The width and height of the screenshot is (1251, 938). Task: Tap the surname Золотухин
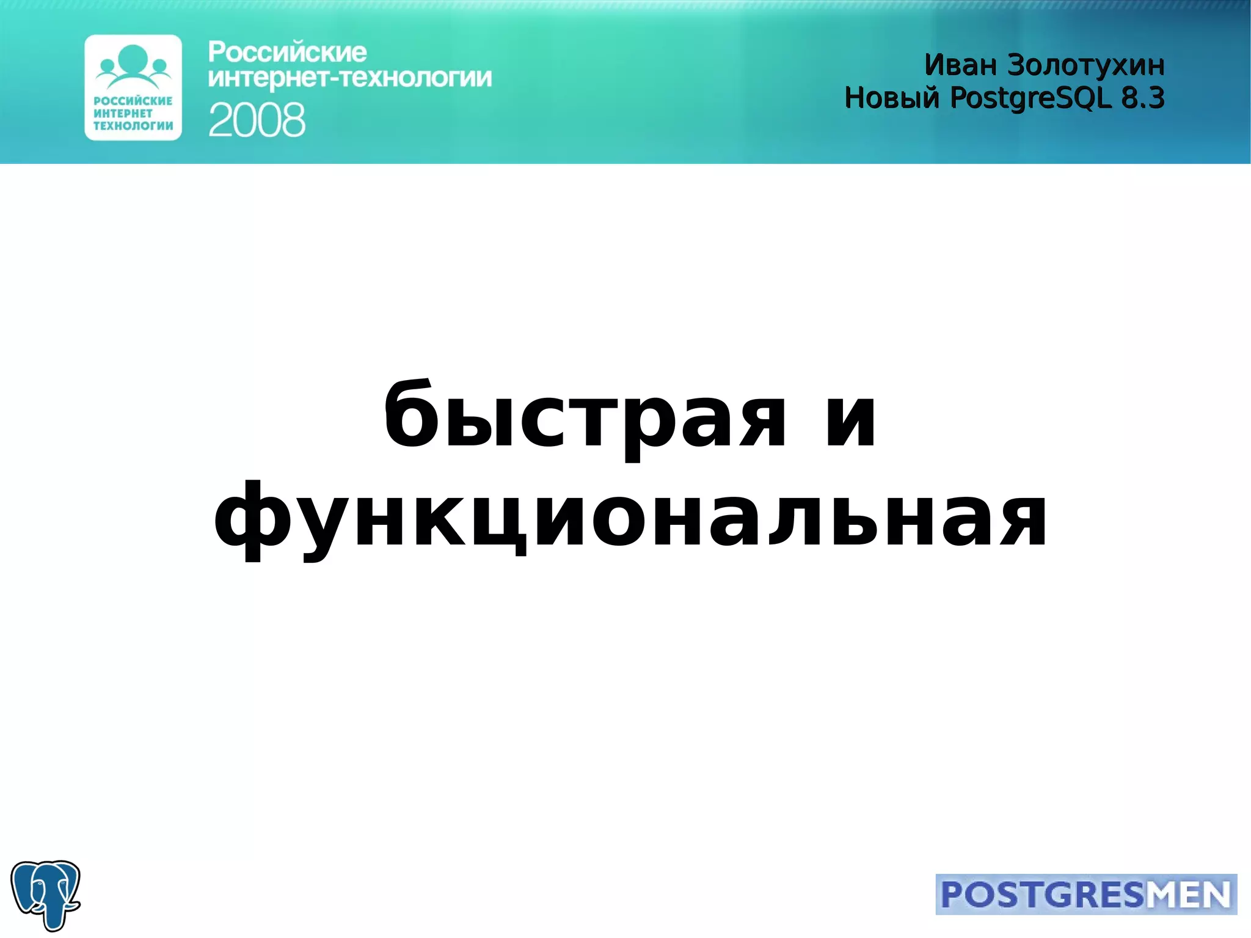(1085, 65)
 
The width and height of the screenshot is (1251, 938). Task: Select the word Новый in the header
(892, 98)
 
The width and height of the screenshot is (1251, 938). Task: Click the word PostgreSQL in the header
(1030, 98)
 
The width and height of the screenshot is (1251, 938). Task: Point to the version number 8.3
(1143, 98)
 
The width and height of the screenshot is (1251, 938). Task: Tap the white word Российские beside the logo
(287, 53)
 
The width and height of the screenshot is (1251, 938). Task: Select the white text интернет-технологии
(349, 78)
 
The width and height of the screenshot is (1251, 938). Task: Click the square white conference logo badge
(133, 87)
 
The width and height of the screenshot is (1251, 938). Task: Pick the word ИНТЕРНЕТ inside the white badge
(123, 114)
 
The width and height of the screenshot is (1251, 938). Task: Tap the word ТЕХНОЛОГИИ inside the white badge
(133, 126)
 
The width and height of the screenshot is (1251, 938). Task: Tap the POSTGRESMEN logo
(1086, 895)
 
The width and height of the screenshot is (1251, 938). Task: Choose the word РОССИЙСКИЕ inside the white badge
(133, 101)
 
